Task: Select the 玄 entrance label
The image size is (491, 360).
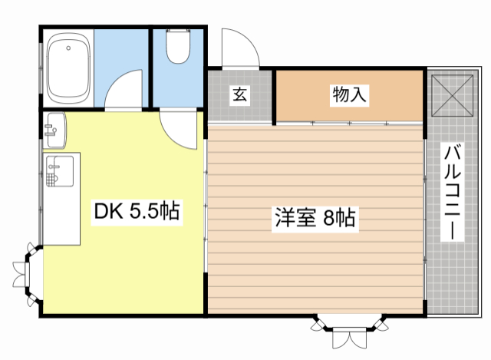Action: coord(239,95)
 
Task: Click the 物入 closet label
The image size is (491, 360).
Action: coord(349,95)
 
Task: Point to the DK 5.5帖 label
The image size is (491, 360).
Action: coord(137,211)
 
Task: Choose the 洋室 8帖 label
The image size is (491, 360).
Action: coord(315,218)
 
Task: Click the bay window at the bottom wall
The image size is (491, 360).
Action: coord(350,330)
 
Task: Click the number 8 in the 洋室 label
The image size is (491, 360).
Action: coord(328,218)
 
